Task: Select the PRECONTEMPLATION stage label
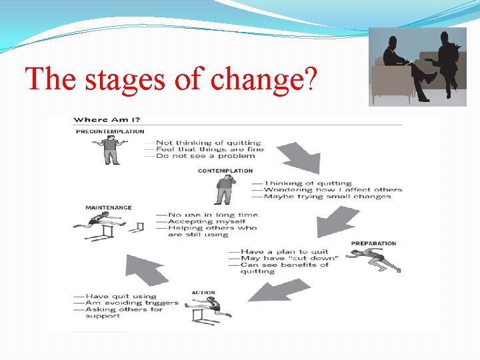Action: click(110, 131)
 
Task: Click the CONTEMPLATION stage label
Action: click(225, 171)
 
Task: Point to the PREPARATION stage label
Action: click(373, 243)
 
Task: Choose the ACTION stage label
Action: click(203, 293)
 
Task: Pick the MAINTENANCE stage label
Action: click(109, 207)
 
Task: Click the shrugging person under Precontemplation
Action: click(111, 150)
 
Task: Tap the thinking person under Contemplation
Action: click(223, 190)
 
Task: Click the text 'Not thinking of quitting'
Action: click(208, 143)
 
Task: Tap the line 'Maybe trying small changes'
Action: click(327, 197)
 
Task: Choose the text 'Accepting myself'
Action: click(207, 221)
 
